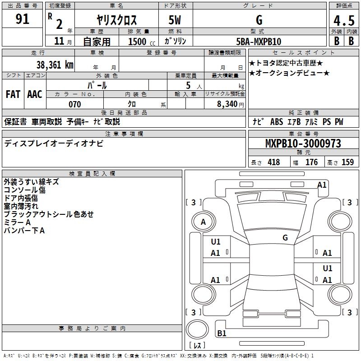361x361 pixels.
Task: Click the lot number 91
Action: [23, 19]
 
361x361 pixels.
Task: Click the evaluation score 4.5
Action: [343, 20]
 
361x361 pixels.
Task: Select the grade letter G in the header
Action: [259, 20]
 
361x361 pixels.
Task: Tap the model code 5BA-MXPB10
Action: [259, 42]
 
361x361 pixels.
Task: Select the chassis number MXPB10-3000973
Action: [303, 144]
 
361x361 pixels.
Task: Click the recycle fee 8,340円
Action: [230, 104]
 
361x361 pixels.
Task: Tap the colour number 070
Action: [74, 104]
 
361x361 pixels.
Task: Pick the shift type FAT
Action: [13, 94]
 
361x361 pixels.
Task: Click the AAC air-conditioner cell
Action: [35, 94]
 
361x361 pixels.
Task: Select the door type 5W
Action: [175, 20]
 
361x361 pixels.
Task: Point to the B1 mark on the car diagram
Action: [222, 333]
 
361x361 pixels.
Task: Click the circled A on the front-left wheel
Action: [204, 222]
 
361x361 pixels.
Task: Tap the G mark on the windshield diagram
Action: [285, 237]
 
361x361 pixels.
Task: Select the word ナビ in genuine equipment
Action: [258, 122]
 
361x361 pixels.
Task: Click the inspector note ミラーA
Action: [17, 222]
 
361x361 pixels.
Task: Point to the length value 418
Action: [273, 162]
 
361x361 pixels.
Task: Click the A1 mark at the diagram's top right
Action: [322, 185]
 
